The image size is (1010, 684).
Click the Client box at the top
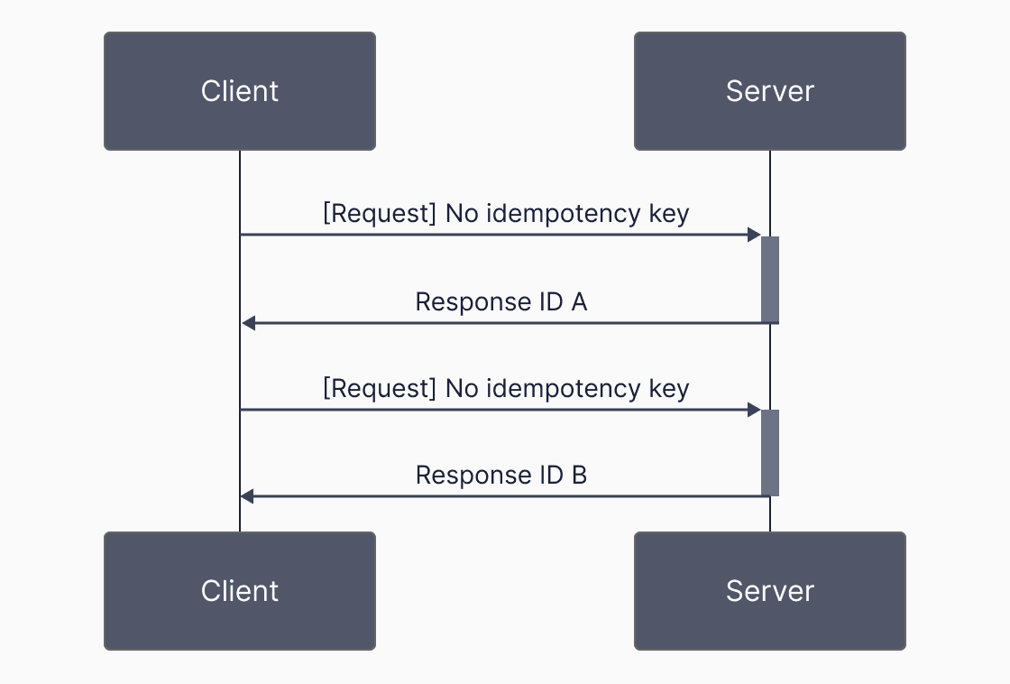239,91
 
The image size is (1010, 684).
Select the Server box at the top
769,91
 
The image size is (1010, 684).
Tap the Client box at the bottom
239,591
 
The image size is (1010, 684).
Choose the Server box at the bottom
769,591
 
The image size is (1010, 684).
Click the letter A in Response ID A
579,301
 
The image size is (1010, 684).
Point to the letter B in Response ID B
579,475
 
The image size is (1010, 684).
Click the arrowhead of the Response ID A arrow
248,323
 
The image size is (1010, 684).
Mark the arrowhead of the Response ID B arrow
248,496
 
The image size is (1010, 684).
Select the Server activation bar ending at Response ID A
770,280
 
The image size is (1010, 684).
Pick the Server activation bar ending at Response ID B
770,453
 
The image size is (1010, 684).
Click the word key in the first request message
669,214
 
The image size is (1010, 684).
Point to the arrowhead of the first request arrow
755,235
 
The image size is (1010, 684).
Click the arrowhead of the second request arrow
755,410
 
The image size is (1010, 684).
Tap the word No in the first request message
459,214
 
